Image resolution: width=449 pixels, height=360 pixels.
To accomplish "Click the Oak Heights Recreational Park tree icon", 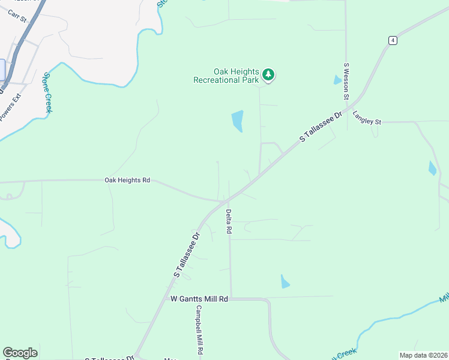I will point(268,75).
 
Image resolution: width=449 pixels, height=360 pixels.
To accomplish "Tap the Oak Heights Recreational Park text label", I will point(226,75).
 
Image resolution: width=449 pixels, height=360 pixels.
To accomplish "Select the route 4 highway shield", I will point(392,40).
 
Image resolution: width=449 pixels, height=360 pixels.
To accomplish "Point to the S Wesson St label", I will point(346,80).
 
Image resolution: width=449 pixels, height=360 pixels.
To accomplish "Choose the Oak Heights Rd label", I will point(127,180).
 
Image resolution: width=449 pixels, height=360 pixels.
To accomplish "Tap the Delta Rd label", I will point(229,221).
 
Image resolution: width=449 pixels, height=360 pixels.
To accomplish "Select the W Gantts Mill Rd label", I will point(199,298).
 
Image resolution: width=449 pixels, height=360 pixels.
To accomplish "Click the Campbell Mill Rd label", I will point(199,329).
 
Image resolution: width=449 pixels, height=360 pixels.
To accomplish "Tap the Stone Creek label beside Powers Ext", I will point(47,92).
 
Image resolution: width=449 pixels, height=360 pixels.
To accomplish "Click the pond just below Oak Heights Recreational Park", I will point(238,121).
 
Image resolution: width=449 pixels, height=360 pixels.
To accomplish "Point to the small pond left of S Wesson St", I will point(337,80).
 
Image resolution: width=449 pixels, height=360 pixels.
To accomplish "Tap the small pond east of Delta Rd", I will point(285,281).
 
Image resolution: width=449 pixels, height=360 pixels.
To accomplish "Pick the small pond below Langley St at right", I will point(432,169).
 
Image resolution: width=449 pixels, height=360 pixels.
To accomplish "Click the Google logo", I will point(20,353).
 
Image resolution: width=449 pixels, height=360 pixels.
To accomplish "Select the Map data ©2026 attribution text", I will point(423,355).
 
